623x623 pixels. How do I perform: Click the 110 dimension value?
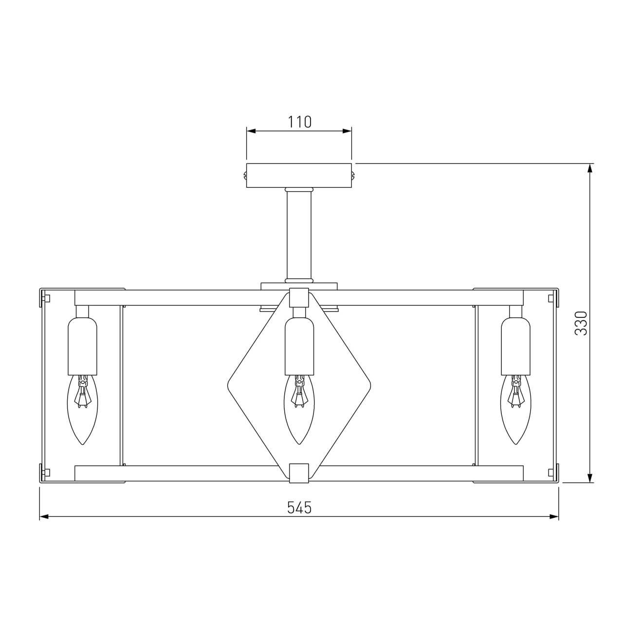point(299,122)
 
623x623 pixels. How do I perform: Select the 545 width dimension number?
point(299,507)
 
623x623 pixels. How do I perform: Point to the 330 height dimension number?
point(581,323)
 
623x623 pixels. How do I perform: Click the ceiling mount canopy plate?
point(299,176)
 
